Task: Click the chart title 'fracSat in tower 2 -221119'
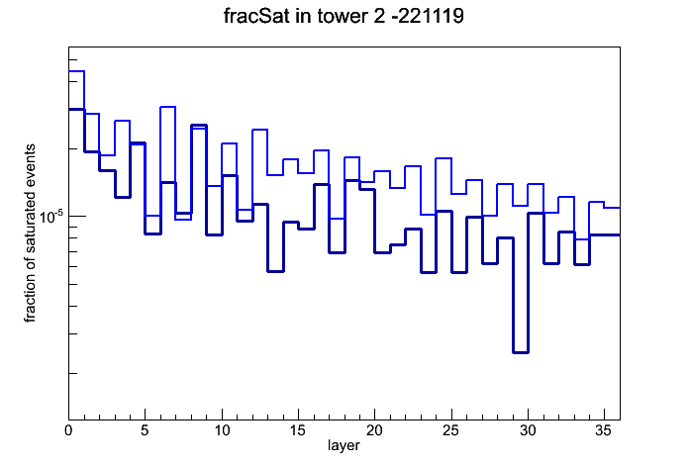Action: pos(344,16)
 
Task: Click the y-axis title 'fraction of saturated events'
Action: pos(30,233)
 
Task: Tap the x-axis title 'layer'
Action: pos(344,445)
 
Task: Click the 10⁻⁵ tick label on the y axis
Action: pos(51,216)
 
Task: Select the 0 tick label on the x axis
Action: pos(68,430)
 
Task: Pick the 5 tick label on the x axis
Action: pos(145,430)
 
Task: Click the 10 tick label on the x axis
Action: pos(222,430)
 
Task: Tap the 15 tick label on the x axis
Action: pos(298,430)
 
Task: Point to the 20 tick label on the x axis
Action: pos(374,430)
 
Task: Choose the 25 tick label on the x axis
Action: pos(450,430)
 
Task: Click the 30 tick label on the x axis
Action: pos(528,430)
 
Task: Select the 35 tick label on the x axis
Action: pos(604,430)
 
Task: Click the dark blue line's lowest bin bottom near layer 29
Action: pos(521,352)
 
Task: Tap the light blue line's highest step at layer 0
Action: pos(76,70)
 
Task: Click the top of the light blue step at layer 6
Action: pos(168,107)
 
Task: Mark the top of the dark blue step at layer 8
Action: pos(199,126)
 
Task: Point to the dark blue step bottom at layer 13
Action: pos(275,271)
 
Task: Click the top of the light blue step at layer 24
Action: pos(443,158)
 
